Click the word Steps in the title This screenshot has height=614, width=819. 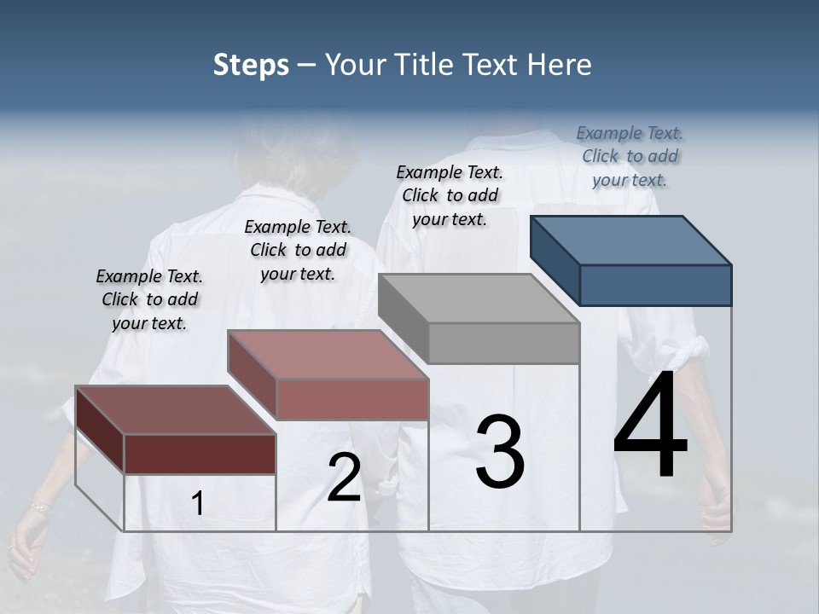point(251,65)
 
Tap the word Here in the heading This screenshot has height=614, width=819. point(559,65)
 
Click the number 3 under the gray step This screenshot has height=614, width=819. point(500,452)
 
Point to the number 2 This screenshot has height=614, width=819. point(344,478)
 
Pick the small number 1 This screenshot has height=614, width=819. point(198,504)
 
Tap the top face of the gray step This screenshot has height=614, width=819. point(478,298)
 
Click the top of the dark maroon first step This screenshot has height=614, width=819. point(175,410)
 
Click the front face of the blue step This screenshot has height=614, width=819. point(655,285)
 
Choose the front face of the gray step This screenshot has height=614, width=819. point(503,343)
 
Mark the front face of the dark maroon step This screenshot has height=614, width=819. point(200,454)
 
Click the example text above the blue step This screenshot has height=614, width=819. point(630,156)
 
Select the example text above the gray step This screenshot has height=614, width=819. point(450,195)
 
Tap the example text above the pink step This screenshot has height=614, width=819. point(298,250)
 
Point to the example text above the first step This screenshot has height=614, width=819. point(149,299)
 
